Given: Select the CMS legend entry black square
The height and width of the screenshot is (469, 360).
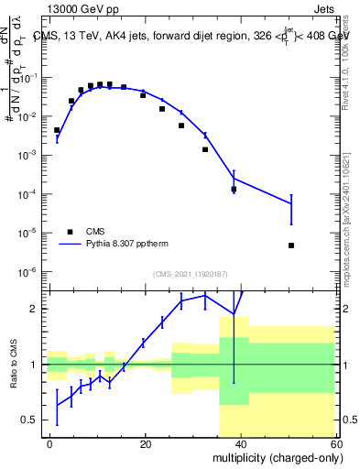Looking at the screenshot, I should pyautogui.click(x=69, y=232).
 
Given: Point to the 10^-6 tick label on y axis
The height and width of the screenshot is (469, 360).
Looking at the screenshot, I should pyautogui.click(x=27, y=271).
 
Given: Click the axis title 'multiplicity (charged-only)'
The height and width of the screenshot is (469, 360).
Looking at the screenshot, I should pyautogui.click(x=272, y=457).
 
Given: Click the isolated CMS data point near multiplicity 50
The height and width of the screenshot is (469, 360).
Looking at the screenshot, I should pyautogui.click(x=290, y=245).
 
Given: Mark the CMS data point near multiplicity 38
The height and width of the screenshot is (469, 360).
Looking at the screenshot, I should pyautogui.click(x=234, y=189).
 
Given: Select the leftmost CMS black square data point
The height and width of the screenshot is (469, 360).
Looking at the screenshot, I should pyautogui.click(x=57, y=130).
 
